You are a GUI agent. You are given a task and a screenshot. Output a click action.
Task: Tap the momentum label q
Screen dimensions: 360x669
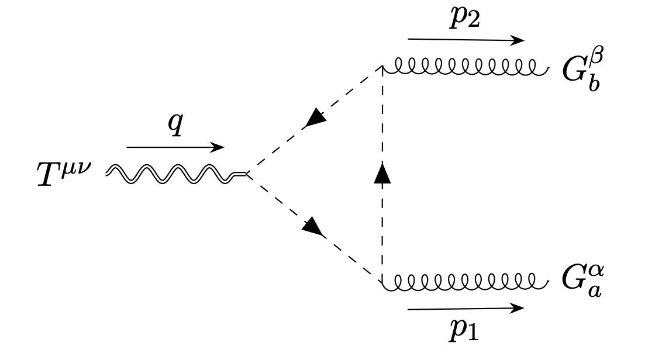click(175, 126)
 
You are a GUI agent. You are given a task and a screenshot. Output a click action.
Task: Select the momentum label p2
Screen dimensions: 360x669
click(465, 19)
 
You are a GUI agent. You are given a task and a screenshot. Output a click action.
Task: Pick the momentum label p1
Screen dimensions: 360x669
click(465, 330)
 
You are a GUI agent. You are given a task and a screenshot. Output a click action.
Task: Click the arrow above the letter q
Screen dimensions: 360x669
click(175, 147)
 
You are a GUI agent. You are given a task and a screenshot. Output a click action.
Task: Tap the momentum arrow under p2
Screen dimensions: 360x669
click(465, 40)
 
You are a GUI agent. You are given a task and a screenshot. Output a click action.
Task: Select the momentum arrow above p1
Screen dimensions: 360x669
click(465, 308)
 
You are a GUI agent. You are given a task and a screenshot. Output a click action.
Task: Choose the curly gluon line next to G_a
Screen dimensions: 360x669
click(465, 282)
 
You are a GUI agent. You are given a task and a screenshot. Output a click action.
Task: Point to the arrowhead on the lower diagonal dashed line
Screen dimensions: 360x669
click(315, 226)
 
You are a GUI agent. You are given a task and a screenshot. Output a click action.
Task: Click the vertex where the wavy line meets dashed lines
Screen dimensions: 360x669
click(247, 174)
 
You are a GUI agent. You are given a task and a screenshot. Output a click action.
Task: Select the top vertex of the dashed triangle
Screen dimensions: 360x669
click(382, 67)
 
